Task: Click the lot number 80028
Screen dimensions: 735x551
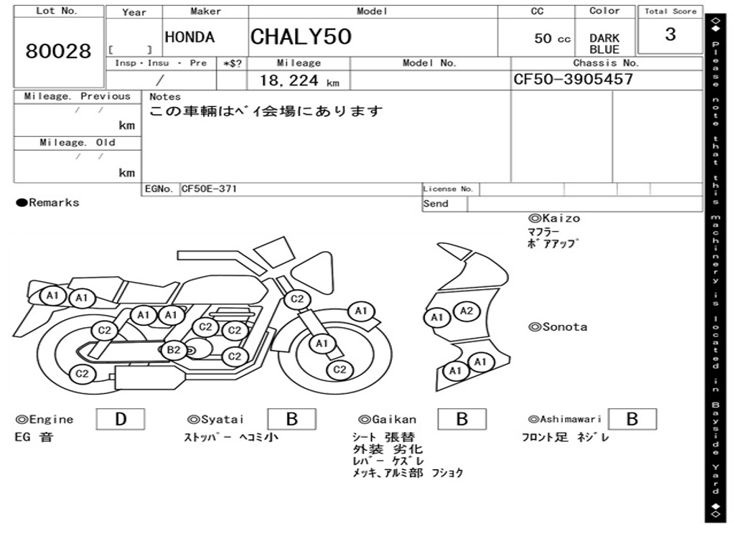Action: (58, 51)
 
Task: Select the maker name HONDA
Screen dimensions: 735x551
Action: (189, 37)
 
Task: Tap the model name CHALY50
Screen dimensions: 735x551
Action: (301, 37)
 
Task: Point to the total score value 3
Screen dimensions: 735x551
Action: (670, 34)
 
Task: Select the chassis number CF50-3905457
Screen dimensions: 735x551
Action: (574, 79)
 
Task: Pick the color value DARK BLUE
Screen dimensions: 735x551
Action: (604, 44)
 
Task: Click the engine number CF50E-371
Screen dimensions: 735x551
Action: (209, 189)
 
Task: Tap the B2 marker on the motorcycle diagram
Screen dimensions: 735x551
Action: (174, 350)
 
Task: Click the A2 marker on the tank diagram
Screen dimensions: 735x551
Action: (467, 311)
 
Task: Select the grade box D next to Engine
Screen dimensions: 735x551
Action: (120, 419)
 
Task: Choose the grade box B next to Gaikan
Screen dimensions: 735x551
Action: (462, 419)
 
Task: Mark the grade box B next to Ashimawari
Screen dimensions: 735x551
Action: (632, 419)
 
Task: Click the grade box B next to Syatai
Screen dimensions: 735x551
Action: (291, 419)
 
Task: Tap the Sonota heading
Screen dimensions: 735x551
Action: (558, 327)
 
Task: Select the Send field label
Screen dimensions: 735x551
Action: (436, 204)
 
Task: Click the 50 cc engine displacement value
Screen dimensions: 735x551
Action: (553, 39)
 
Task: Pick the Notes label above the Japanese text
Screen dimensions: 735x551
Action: (165, 97)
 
